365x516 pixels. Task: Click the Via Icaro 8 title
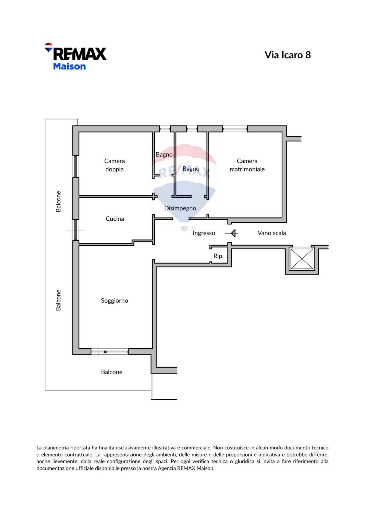point(288,55)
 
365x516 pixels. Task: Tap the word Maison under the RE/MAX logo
point(69,66)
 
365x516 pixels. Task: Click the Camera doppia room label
point(114,165)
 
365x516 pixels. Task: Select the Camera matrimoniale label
point(247,165)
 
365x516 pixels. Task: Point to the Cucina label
point(115,219)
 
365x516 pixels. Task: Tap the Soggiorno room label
point(114,301)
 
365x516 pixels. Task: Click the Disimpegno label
point(180,208)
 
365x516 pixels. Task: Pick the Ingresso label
point(204,233)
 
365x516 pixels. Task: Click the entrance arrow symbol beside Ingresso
point(232,233)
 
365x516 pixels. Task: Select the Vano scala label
point(272,233)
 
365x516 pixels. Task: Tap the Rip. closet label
point(218,256)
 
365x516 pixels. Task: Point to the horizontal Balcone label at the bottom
point(112,372)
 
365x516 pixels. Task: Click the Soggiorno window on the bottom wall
point(110,352)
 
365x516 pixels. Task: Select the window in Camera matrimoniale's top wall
point(235,129)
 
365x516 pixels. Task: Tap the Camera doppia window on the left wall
point(76,166)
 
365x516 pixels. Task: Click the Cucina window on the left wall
point(76,230)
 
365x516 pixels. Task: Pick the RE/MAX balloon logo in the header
point(48,47)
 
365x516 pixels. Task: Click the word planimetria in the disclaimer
point(56,448)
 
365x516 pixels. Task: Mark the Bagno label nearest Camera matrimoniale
point(191,169)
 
